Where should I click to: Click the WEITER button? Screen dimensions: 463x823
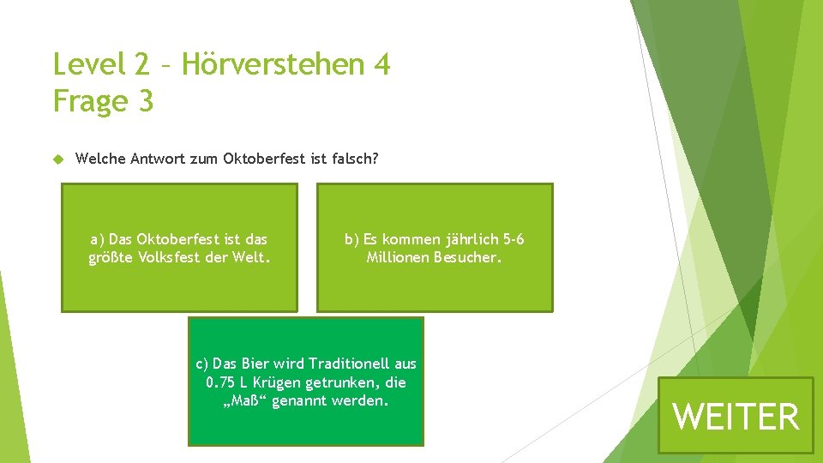coord(736,416)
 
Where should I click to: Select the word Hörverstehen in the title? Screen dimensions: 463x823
coord(270,64)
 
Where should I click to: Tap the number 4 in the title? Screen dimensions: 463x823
coord(381,64)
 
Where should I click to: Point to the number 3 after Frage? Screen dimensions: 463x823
coord(145,101)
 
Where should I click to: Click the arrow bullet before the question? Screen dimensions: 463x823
coord(58,159)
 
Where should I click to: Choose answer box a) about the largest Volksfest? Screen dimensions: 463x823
coord(179,247)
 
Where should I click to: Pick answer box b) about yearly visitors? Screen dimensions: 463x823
coord(435,247)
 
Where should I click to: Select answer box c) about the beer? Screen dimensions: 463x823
coord(306,381)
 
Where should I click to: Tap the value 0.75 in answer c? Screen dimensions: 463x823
coord(221,382)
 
